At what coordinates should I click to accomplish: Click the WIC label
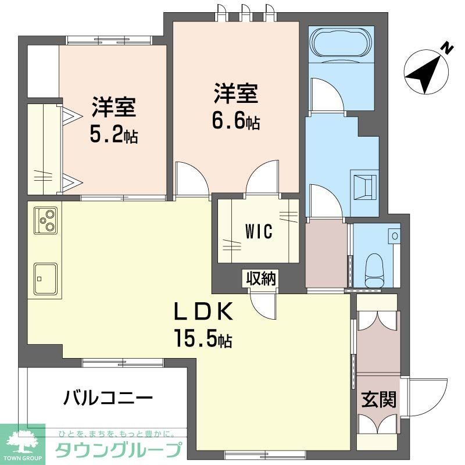(259, 231)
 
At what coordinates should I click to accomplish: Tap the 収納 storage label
(259, 278)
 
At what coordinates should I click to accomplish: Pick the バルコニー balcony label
(109, 398)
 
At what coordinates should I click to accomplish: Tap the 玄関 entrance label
(379, 400)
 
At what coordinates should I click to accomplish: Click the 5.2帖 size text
(113, 135)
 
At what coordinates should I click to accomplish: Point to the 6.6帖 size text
(235, 121)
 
